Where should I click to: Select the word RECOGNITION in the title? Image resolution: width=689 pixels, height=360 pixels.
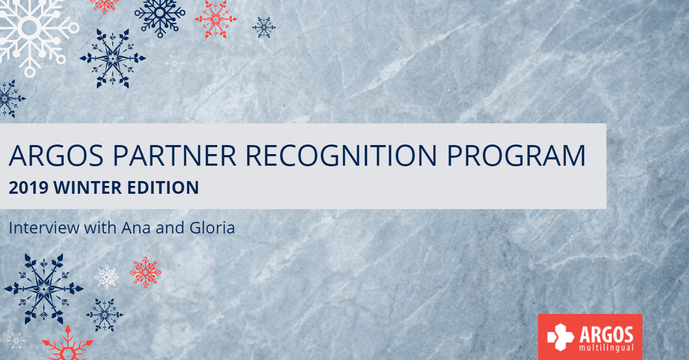pyautogui.click(x=342, y=155)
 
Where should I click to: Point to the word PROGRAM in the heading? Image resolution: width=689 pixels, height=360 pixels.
pyautogui.click(x=516, y=155)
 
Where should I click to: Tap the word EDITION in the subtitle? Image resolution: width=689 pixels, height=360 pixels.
pyautogui.click(x=166, y=187)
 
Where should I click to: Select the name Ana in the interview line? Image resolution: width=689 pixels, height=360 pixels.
pyautogui.click(x=133, y=228)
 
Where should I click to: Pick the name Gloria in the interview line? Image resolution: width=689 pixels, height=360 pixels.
pyautogui.click(x=211, y=228)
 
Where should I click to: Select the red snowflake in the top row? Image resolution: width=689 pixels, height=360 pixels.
pyautogui.click(x=216, y=18)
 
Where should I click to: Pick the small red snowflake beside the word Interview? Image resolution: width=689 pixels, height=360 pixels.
pyautogui.click(x=145, y=272)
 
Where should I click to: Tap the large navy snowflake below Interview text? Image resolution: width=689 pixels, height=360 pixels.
pyautogui.click(x=43, y=289)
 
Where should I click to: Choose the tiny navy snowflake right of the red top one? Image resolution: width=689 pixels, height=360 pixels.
pyautogui.click(x=264, y=27)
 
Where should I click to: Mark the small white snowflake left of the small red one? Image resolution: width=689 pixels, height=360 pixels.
pyautogui.click(x=106, y=276)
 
